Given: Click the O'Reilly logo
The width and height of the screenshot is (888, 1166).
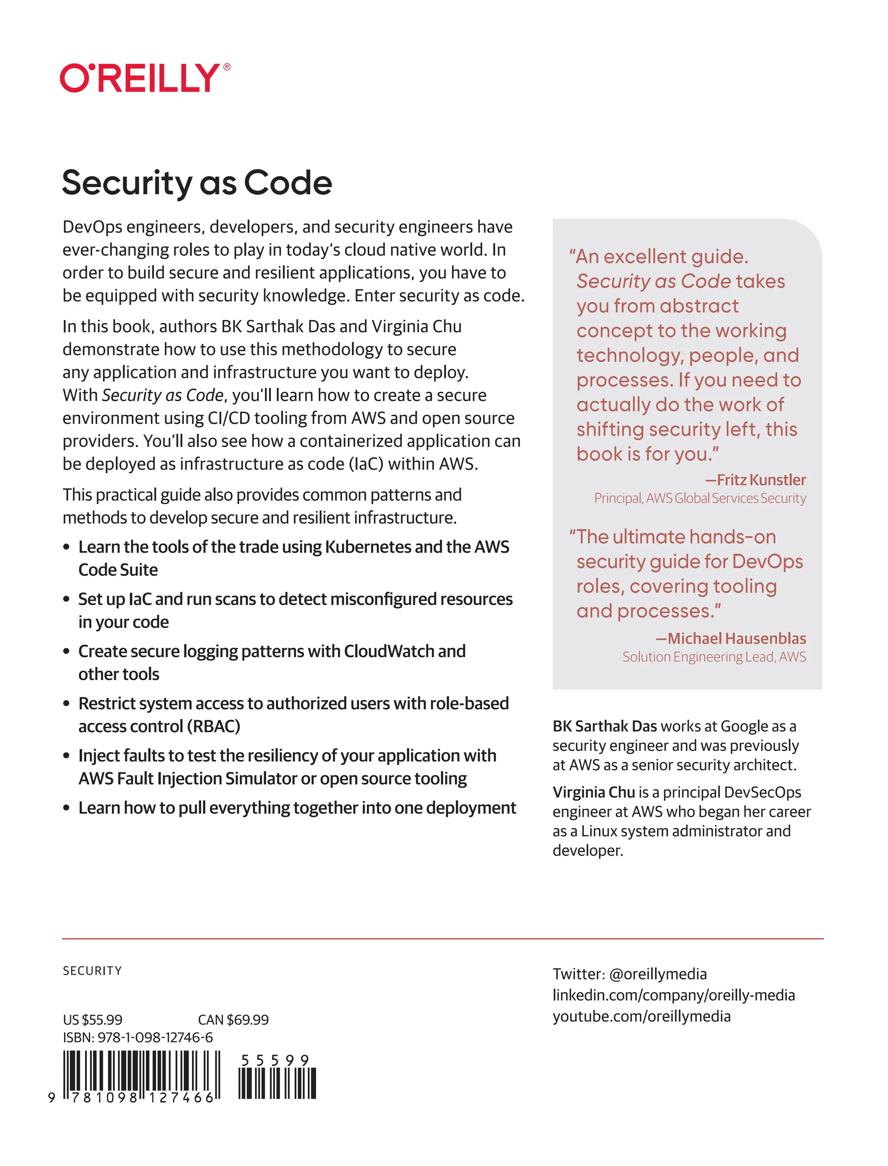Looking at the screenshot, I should pyautogui.click(x=140, y=78).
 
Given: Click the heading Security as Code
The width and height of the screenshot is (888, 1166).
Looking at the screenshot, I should pyautogui.click(x=196, y=183).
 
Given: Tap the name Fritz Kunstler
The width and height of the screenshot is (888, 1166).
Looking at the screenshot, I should pyautogui.click(x=761, y=480).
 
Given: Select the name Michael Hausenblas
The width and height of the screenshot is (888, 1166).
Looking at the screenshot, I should pyautogui.click(x=736, y=638).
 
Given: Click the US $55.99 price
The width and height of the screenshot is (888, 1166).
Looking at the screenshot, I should pyautogui.click(x=92, y=1019).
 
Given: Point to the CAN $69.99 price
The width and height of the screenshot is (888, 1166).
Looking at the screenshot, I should pyautogui.click(x=233, y=1019).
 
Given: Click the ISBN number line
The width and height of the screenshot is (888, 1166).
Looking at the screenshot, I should pyautogui.click(x=138, y=1038).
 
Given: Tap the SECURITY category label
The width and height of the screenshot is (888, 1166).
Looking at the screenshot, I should pyautogui.click(x=92, y=971).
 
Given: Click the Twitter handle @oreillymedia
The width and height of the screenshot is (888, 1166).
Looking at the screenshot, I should pyautogui.click(x=657, y=974).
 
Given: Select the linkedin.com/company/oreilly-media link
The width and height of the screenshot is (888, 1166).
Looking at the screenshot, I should pyautogui.click(x=673, y=995).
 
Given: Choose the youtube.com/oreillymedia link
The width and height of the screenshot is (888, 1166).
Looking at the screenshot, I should pyautogui.click(x=641, y=1016).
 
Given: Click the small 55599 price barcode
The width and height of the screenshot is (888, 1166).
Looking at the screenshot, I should pyautogui.click(x=277, y=1082).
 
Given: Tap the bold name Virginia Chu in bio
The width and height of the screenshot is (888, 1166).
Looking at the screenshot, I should pyautogui.click(x=593, y=792).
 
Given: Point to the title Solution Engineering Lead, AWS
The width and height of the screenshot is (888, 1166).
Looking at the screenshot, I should pyautogui.click(x=714, y=657).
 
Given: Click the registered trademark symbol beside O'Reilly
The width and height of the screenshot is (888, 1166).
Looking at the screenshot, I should pyautogui.click(x=227, y=67).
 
